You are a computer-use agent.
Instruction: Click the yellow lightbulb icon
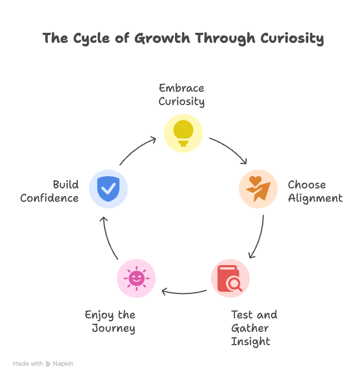pos(183,133)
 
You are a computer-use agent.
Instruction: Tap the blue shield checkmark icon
pos(108,189)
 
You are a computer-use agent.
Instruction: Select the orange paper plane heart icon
pos(258,189)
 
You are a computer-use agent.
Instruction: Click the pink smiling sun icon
pos(136,278)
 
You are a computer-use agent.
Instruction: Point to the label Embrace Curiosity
pos(182,95)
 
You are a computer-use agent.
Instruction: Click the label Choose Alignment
pos(315,192)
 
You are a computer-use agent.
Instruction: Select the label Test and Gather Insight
pos(254,328)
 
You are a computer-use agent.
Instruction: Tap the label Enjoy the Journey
pos(111,322)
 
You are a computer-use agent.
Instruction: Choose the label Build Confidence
pos(50,191)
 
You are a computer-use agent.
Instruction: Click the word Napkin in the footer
pos(63,364)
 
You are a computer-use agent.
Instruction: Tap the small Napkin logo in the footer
pos(48,364)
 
